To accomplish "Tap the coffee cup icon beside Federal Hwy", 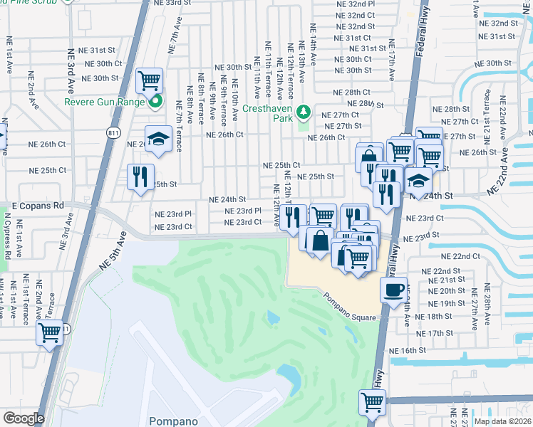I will click(x=393, y=290).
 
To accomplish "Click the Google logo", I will click(x=24, y=418).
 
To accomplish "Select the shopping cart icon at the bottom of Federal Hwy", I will click(x=372, y=402).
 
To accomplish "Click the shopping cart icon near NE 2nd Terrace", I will click(x=50, y=332).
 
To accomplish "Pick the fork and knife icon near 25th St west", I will click(x=140, y=176).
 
